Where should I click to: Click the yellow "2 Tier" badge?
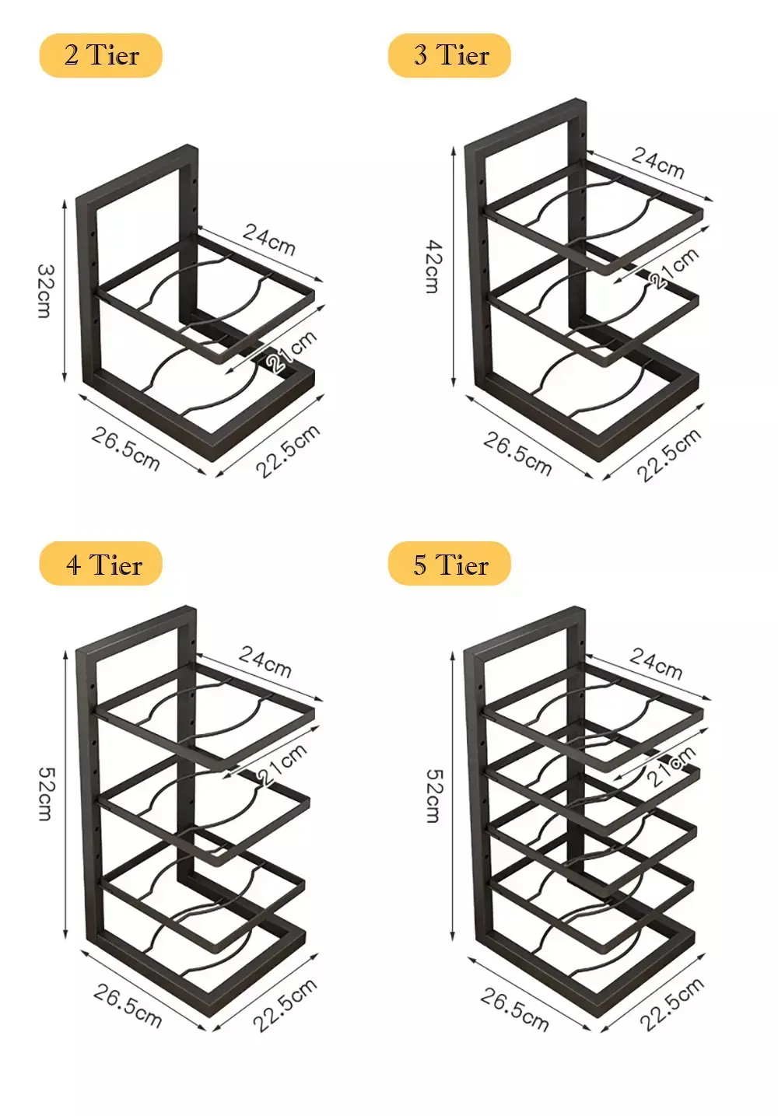100,55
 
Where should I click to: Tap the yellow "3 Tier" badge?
450,55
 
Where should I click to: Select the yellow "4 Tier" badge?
100,564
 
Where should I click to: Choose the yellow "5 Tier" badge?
450,564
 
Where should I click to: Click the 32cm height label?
45,291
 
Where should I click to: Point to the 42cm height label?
433,267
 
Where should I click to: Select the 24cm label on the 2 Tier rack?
269,240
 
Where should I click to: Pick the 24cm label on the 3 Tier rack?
658,163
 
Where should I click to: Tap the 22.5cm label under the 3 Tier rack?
669,454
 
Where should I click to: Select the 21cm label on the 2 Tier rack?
292,351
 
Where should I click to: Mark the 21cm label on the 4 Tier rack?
282,764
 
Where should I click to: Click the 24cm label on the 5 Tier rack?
656,663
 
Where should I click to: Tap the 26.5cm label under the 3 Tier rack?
517,454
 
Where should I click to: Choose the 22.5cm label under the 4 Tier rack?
285,1005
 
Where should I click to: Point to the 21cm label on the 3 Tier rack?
674,268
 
